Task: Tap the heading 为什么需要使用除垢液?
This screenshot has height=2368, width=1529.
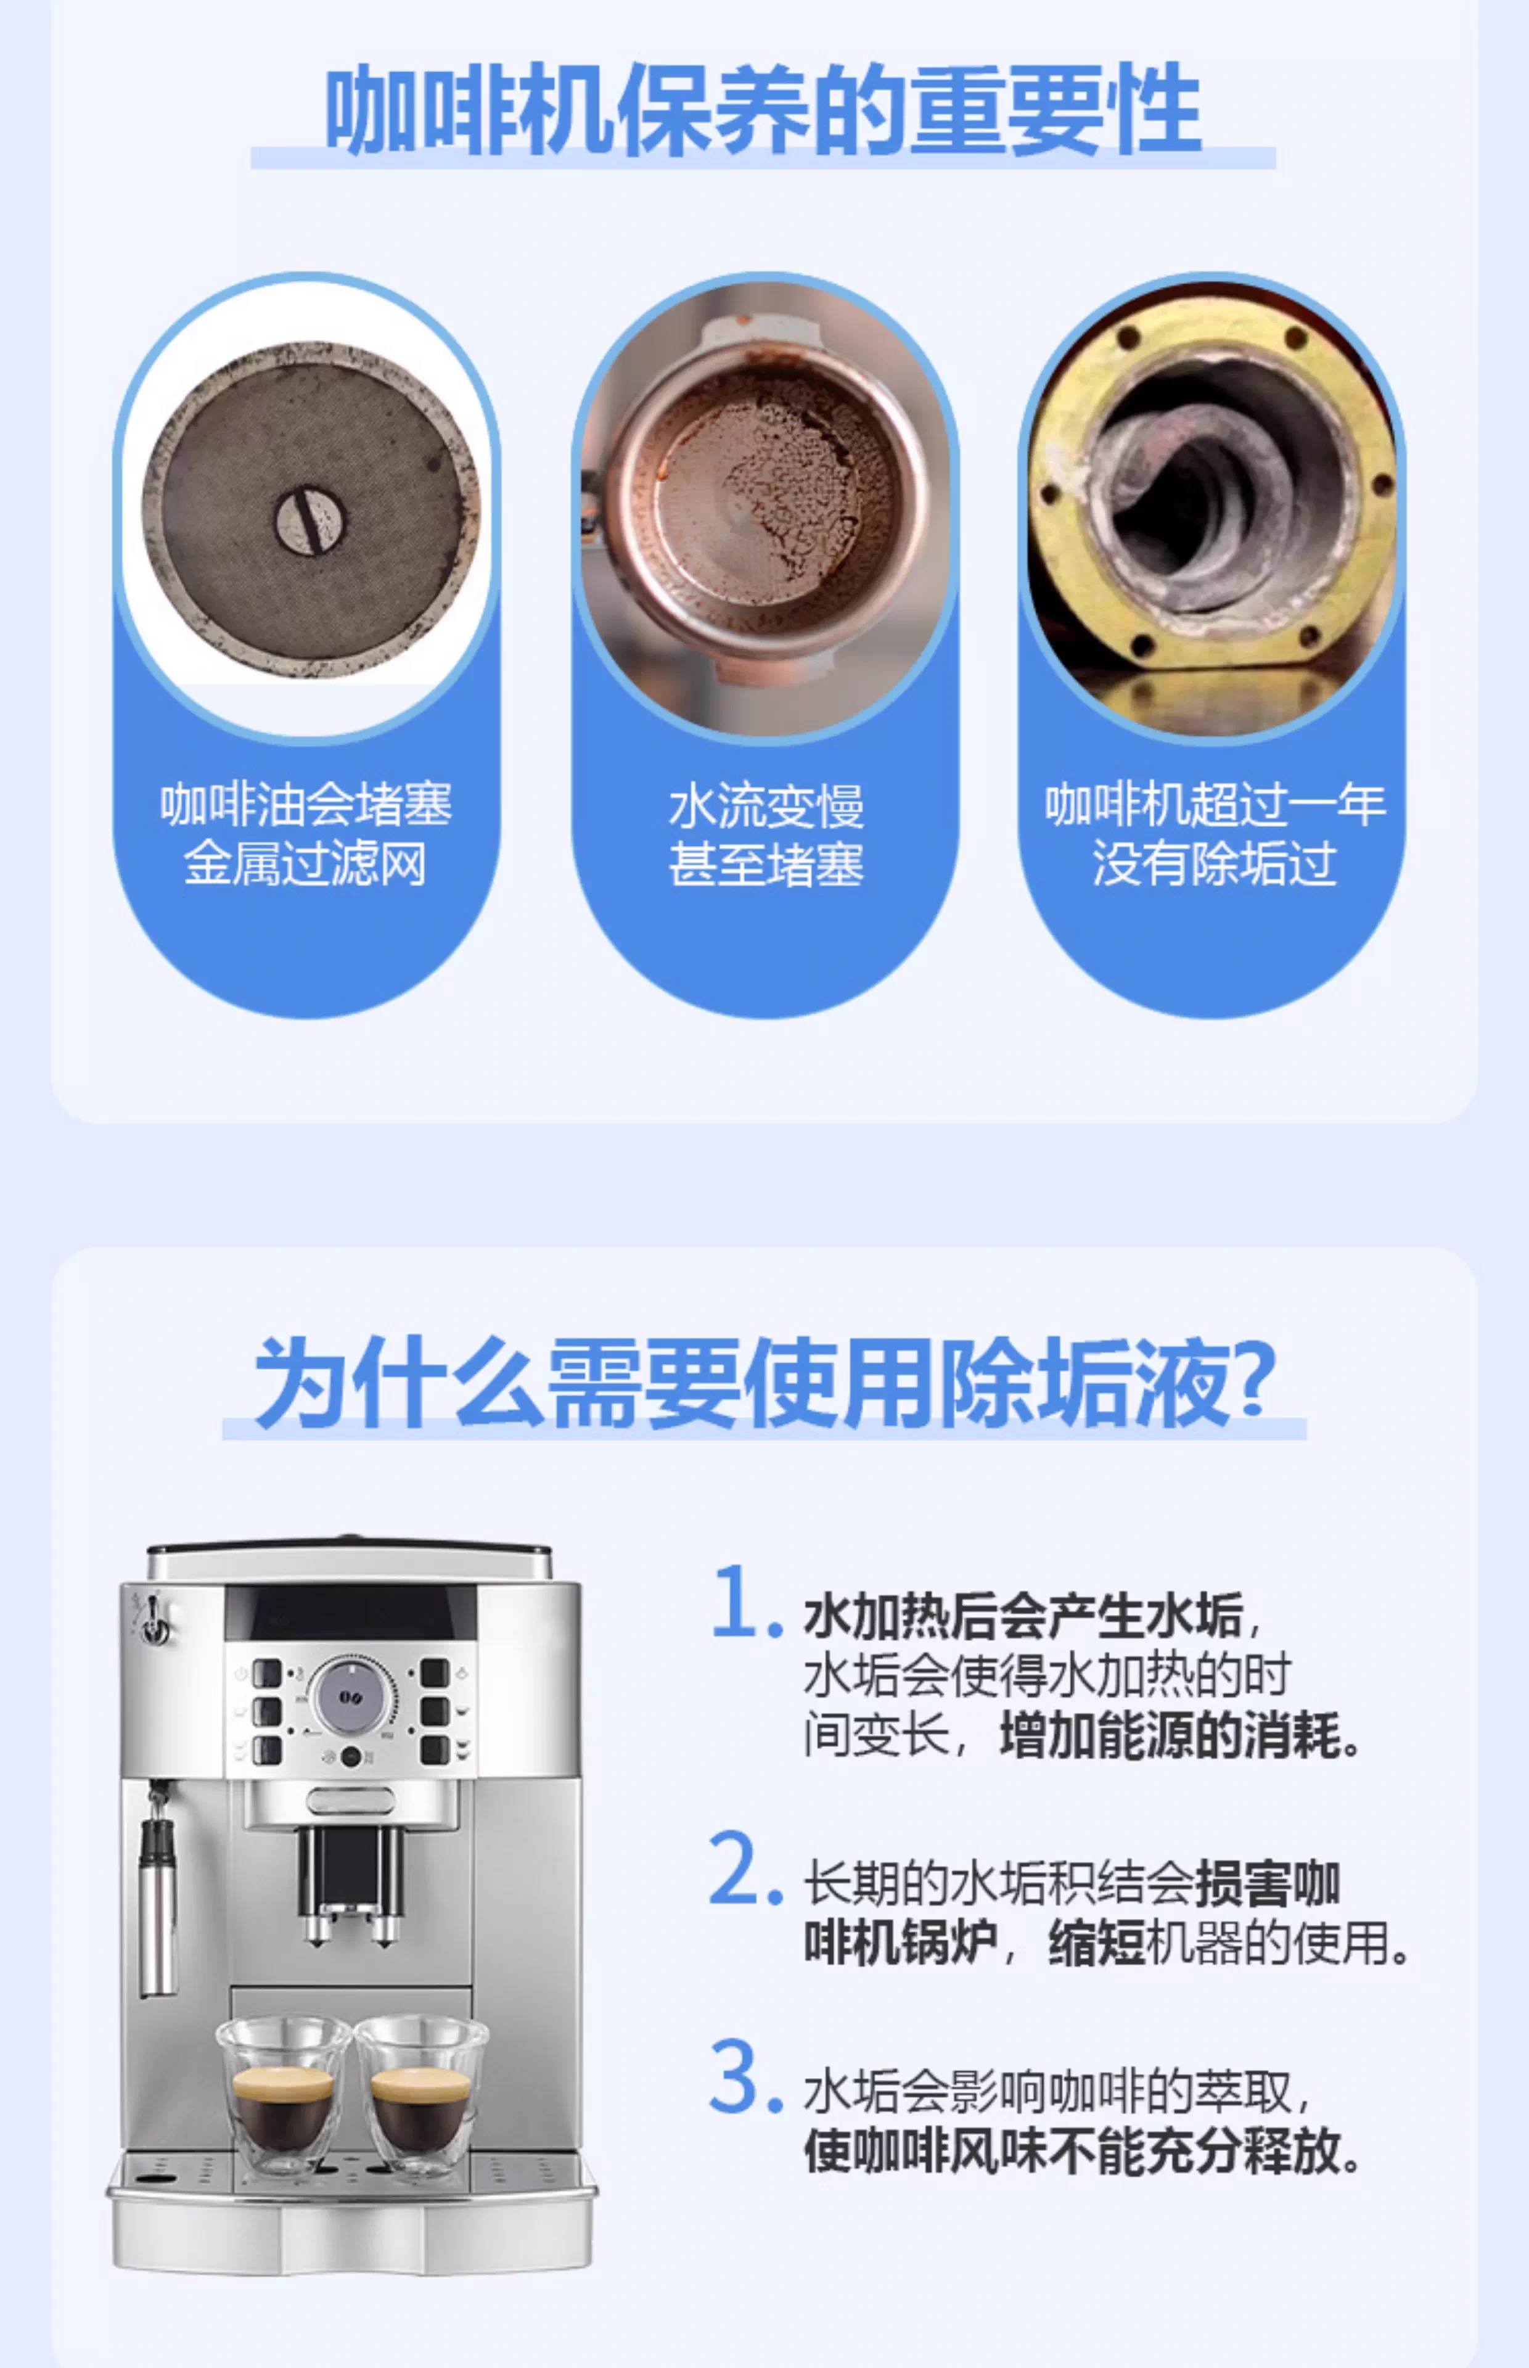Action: tap(764, 1382)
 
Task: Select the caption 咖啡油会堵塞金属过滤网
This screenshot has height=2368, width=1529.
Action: tap(306, 833)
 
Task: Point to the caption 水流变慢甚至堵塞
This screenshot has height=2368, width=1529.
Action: tap(766, 834)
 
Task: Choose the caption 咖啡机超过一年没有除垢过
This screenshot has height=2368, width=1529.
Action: tap(1215, 833)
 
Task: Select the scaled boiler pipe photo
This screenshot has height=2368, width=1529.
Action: tap(1212, 506)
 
